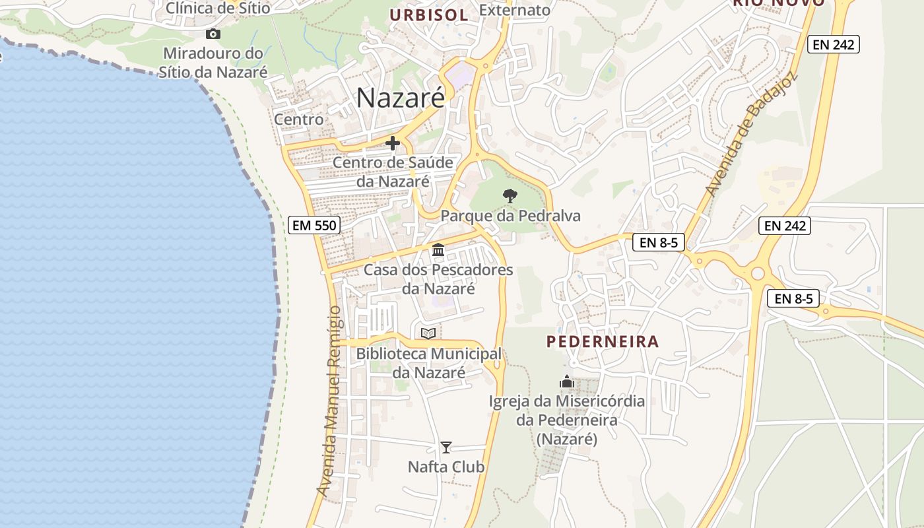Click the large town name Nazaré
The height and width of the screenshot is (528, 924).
point(401,98)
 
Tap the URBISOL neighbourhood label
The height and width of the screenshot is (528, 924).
point(428,15)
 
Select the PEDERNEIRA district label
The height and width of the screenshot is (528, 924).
point(603,341)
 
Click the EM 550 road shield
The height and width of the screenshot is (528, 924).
point(314,225)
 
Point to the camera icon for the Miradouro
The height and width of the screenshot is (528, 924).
point(213,34)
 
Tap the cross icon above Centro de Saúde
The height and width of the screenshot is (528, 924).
point(393,143)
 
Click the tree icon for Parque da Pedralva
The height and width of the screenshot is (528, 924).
point(510,195)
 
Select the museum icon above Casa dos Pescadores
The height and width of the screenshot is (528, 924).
point(438,250)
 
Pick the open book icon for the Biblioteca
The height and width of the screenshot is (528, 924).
point(428,333)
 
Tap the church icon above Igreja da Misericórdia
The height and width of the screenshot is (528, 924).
point(567,381)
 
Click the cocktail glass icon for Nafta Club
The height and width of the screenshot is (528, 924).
point(446,447)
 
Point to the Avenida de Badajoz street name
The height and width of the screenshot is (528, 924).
point(751,134)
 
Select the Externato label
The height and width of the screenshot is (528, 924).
point(515,10)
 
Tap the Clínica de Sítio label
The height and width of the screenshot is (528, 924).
point(218,9)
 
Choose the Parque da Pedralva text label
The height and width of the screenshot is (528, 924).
point(510,216)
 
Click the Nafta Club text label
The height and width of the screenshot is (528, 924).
point(446,467)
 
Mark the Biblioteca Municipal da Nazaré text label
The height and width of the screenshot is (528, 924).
point(428,363)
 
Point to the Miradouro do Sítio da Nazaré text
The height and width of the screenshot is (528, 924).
point(213,63)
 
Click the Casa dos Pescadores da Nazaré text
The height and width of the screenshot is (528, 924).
point(438,279)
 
